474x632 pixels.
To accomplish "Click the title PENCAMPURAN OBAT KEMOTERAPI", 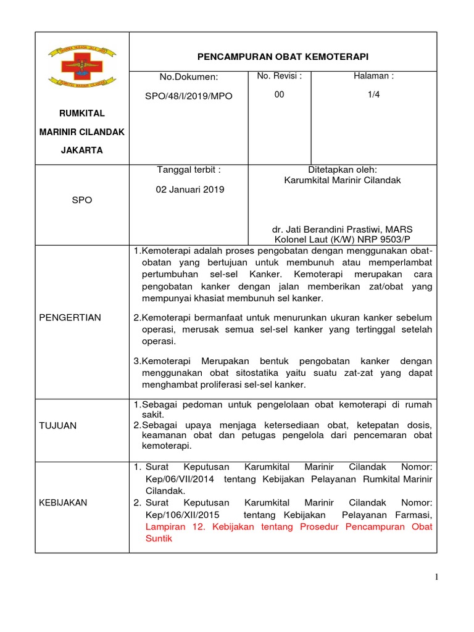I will (x=282, y=57).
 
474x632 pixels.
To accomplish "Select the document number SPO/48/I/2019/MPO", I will (x=196, y=96).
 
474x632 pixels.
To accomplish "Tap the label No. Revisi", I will (x=279, y=76).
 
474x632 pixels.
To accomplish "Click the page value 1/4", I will (x=373, y=94).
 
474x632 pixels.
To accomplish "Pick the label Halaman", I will (x=373, y=76).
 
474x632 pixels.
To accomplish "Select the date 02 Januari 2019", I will (x=190, y=189).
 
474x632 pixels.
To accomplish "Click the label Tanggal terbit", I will (x=189, y=170).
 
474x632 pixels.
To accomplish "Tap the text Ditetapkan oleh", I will (x=342, y=170).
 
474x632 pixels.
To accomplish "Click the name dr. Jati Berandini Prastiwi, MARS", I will (x=342, y=228).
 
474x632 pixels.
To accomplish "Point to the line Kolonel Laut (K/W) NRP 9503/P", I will (x=342, y=239).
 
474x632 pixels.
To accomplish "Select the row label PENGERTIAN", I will (x=70, y=317).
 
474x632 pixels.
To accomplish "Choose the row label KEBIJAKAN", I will (x=63, y=502).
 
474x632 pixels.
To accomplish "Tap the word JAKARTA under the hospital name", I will (x=81, y=150).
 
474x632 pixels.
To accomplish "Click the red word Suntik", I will (x=157, y=538).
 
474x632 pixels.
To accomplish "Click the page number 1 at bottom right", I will (x=436, y=577).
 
